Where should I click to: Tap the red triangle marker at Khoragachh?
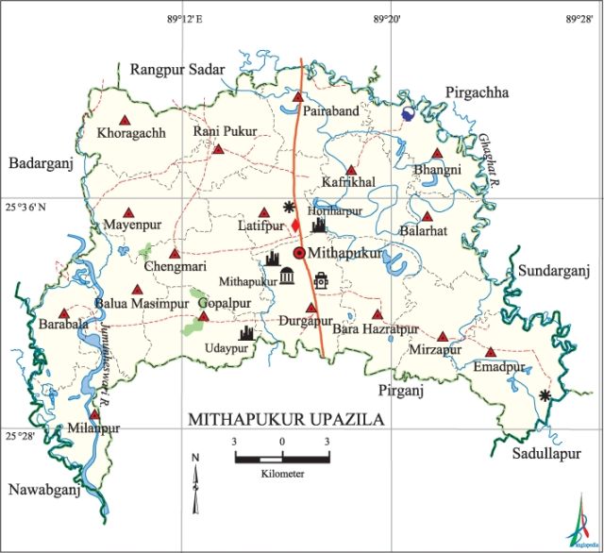coord(124,118)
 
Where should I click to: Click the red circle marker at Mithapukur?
coord(300,253)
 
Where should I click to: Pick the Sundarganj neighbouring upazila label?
coord(553,272)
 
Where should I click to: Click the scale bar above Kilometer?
coord(281,458)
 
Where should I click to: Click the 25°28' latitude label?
coord(17,436)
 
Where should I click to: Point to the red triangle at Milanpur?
coord(94,413)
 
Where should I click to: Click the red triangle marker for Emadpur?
coord(489,350)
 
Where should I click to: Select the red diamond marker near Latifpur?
coord(294,226)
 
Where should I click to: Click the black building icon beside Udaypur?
coord(247,332)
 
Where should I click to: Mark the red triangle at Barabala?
coord(64,313)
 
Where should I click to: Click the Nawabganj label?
coord(42,489)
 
